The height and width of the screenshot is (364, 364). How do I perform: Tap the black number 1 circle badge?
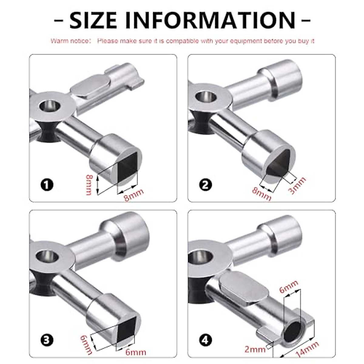point(47,185)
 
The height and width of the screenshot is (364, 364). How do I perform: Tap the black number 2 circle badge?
point(205,185)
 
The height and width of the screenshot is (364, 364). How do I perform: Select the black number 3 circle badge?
point(47,340)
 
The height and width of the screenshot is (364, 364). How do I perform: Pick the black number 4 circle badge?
point(205,340)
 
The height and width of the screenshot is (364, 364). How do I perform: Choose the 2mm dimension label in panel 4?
point(255,349)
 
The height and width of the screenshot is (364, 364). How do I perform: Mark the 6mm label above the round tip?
point(288,286)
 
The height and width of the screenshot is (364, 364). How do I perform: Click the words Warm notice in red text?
point(70,41)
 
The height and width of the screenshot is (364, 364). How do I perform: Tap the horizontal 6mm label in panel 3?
point(135,352)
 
